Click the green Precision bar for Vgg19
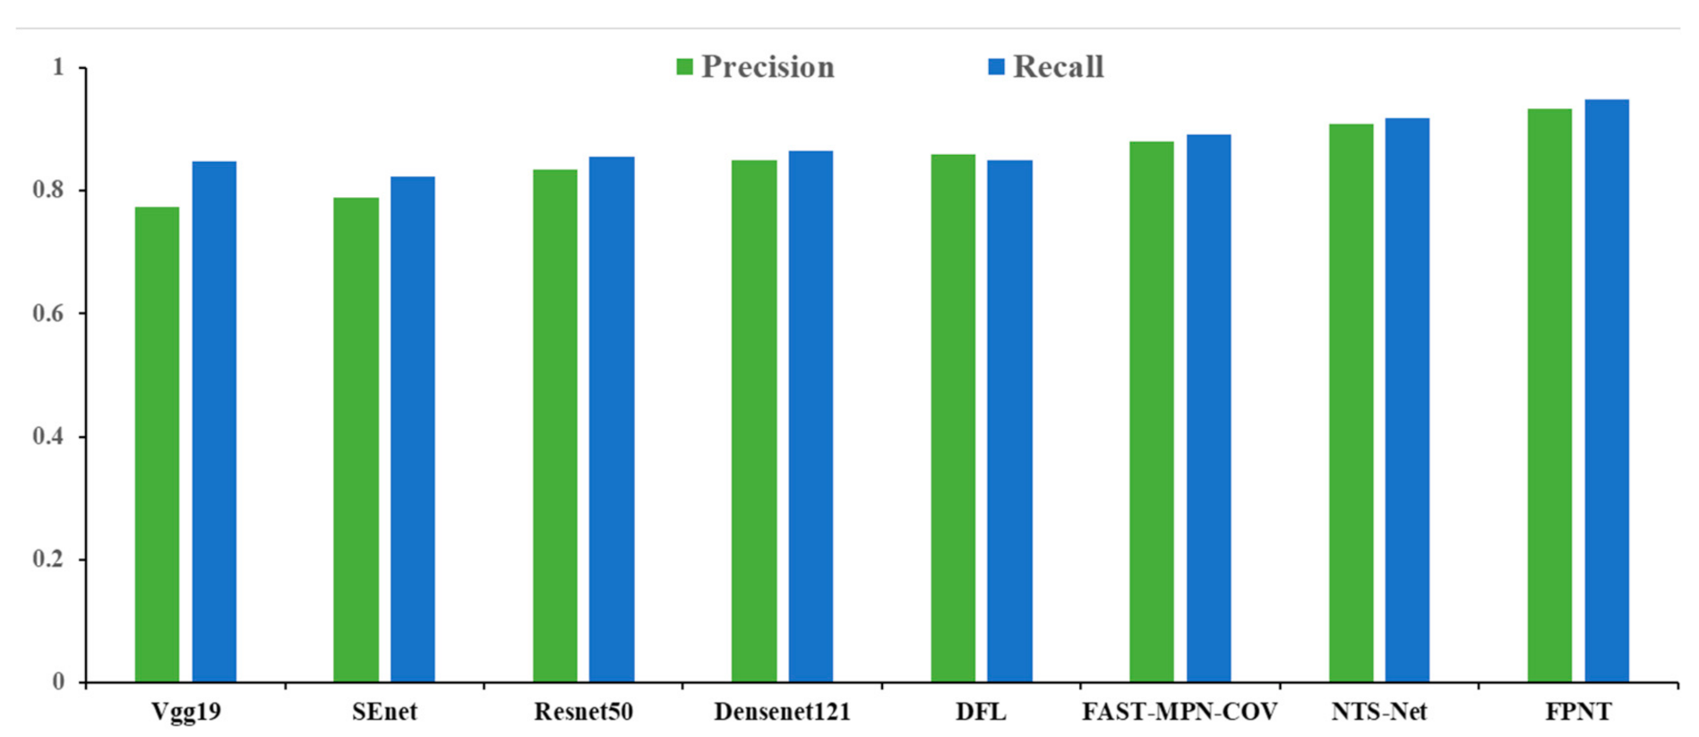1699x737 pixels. (x=157, y=444)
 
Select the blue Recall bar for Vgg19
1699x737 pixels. (x=214, y=422)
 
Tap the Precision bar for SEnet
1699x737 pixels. (x=356, y=440)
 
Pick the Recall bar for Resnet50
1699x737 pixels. (x=612, y=419)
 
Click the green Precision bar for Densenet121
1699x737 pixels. (x=754, y=421)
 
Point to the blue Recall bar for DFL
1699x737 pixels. (x=1009, y=421)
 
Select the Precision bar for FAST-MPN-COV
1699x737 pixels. (x=1152, y=412)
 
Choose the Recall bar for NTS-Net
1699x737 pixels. (x=1407, y=400)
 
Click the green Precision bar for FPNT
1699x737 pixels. (x=1549, y=395)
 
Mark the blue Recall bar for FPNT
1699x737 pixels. (x=1607, y=390)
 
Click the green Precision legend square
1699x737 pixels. (x=684, y=67)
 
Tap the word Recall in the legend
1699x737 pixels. (x=1058, y=67)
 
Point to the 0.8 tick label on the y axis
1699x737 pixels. (x=48, y=190)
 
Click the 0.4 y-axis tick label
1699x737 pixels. (x=48, y=436)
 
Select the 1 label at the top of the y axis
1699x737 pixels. (x=58, y=67)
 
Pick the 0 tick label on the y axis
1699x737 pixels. (x=58, y=682)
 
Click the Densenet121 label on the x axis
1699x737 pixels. (x=782, y=712)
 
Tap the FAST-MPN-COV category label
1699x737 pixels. (x=1180, y=712)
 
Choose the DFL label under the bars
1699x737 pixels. (x=981, y=712)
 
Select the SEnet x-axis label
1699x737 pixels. (x=384, y=712)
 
